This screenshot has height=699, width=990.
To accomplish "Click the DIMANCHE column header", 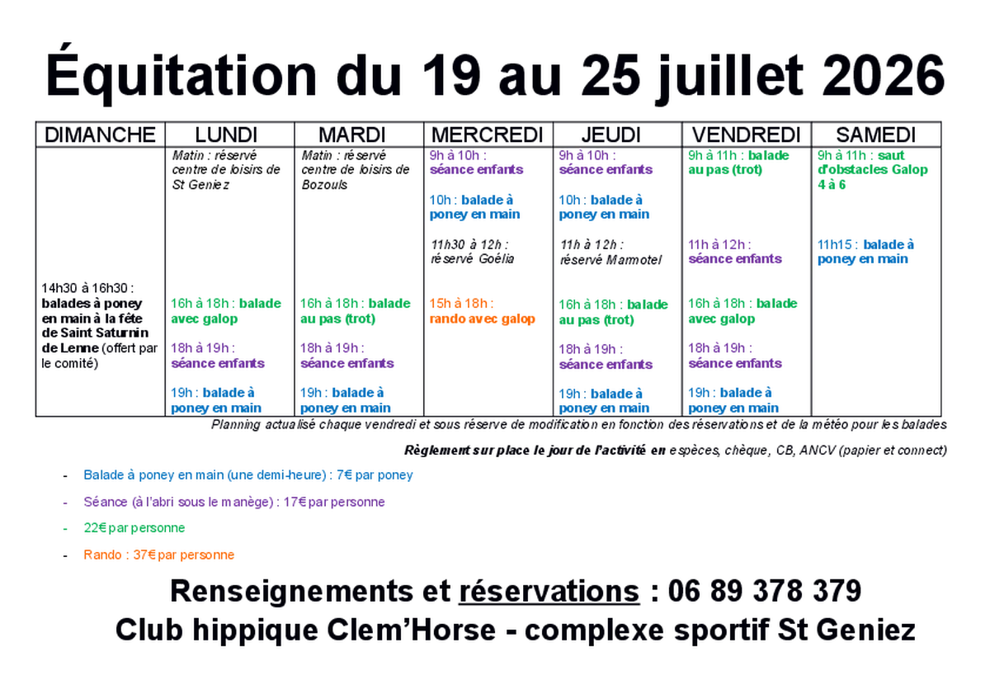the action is click(100, 135).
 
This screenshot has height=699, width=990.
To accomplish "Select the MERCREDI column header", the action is click(487, 135).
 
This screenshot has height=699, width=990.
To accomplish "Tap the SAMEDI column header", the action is click(875, 135).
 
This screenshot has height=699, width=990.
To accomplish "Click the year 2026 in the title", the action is click(883, 76).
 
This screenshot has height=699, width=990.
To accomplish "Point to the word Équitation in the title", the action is click(181, 75).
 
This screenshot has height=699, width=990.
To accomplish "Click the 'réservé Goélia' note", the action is click(473, 259).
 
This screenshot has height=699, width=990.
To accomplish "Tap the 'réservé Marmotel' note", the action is click(610, 260).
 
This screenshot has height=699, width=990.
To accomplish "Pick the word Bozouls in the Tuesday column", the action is click(324, 185).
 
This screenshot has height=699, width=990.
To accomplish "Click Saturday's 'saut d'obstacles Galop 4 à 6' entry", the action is click(872, 170).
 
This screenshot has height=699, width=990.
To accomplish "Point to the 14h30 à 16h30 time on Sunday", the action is click(87, 288).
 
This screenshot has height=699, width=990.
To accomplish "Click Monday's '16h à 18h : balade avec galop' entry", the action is click(226, 311).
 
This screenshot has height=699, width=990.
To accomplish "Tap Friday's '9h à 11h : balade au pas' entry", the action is click(738, 163).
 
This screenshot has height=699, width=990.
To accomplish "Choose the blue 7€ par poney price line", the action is click(248, 475).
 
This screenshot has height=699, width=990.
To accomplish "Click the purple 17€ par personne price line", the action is click(234, 503).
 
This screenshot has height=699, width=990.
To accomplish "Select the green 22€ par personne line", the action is click(134, 528).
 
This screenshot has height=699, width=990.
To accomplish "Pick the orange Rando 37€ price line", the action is click(159, 555).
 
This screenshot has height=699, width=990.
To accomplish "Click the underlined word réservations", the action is click(549, 592).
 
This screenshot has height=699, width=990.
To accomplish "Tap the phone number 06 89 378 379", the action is click(765, 591).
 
